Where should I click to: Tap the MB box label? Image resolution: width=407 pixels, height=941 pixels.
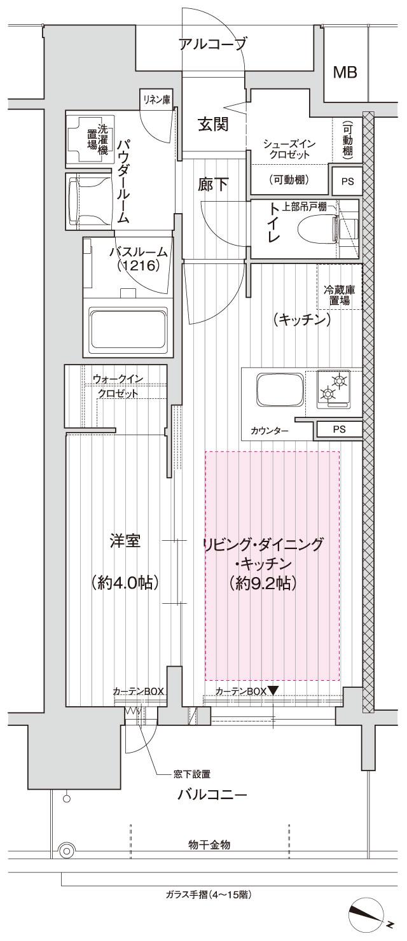point(345,73)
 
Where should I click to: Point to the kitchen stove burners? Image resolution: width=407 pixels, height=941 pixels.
point(333,388)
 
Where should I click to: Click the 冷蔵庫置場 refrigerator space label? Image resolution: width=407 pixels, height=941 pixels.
point(340,295)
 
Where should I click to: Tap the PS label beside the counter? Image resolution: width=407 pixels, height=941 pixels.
point(340,429)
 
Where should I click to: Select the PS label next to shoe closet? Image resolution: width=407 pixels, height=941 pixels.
point(347,181)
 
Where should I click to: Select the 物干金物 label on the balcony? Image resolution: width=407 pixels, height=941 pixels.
point(209,844)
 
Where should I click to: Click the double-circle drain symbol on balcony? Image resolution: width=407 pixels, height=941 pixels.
point(66,851)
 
